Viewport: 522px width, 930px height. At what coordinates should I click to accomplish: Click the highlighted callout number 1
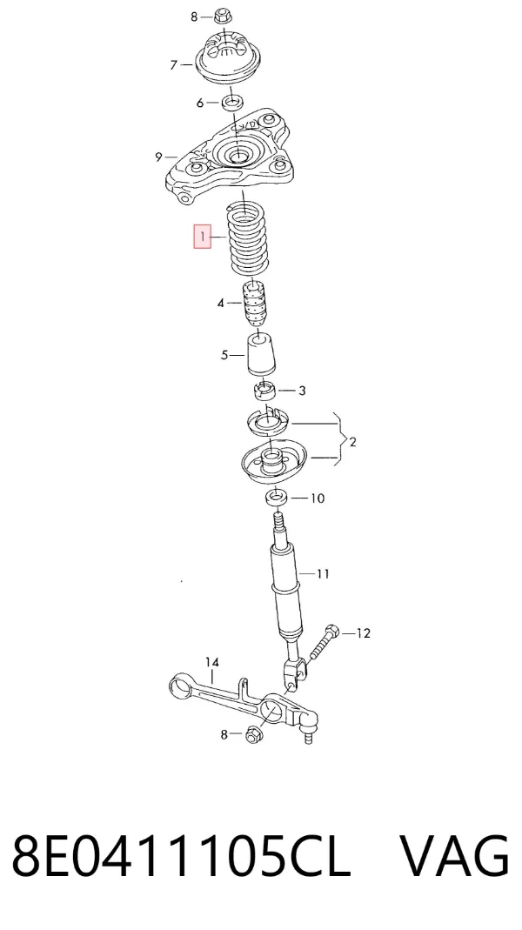202,237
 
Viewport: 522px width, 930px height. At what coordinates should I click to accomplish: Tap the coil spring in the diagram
249,238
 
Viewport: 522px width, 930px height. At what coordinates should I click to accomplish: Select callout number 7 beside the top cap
174,64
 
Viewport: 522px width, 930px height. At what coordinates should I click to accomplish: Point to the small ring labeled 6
231,102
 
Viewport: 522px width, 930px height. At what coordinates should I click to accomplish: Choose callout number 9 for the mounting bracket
158,157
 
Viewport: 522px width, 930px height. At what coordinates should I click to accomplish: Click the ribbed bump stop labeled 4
254,303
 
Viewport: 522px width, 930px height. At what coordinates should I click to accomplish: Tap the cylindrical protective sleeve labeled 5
261,355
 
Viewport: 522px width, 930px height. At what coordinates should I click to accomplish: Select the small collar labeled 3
265,391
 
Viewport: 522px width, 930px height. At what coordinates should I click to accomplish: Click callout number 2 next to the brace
352,442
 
